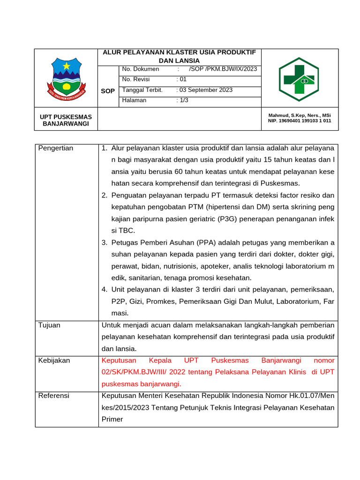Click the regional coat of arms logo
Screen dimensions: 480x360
67,78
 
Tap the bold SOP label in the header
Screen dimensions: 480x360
108,91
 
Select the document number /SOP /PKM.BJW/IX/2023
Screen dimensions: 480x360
223,69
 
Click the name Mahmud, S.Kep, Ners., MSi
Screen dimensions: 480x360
299,115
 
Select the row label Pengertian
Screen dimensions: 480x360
56,148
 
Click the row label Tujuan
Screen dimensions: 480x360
49,325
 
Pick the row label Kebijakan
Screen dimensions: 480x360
54,360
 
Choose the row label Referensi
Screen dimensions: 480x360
53,396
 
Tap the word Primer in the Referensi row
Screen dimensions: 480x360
112,419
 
